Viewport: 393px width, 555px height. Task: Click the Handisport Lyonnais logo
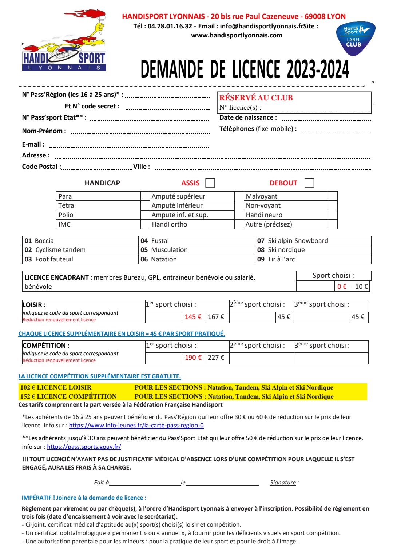[x=64, y=41]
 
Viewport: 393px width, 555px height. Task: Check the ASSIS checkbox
[x=210, y=183]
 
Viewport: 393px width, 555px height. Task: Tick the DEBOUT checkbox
[x=309, y=183]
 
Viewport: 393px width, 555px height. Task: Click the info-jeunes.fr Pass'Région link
[x=136, y=426]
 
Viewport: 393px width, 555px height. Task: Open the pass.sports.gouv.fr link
[x=84, y=447]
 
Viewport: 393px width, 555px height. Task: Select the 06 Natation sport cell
[x=159, y=259]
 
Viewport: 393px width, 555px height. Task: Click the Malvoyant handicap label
[x=261, y=196]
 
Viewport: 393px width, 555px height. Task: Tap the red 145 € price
[x=193, y=317]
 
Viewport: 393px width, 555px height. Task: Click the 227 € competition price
[x=216, y=358]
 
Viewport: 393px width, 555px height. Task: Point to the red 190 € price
[x=193, y=358]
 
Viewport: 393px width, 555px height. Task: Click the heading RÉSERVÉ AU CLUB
[x=256, y=98]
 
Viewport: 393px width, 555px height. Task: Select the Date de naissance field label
[x=248, y=117]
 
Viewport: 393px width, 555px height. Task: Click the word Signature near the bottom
[x=283, y=483]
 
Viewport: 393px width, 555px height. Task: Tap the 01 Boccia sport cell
[x=39, y=241]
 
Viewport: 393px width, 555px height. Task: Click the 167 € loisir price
[x=216, y=317]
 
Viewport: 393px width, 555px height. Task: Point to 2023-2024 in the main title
[x=318, y=69]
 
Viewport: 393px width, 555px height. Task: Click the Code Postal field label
[x=40, y=167]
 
